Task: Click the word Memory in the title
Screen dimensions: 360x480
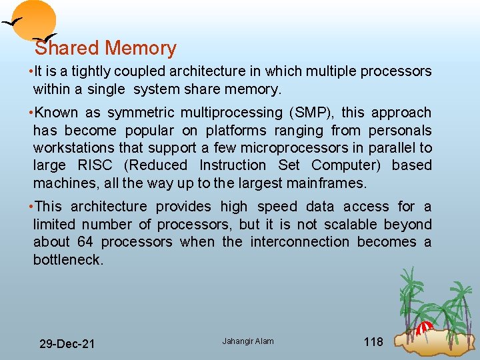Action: tap(140, 49)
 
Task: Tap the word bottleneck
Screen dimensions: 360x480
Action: tap(68, 259)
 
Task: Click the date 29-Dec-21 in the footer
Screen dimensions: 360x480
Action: tap(67, 344)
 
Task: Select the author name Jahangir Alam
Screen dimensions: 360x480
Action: tap(248, 341)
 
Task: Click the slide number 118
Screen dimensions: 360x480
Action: tap(373, 342)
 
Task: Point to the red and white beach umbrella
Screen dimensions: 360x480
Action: tap(425, 327)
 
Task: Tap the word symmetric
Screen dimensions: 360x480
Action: tap(142, 113)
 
